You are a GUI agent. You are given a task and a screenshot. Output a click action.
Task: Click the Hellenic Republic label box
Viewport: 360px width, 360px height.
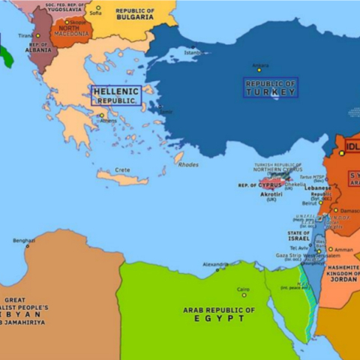pyautogui.click(x=115, y=94)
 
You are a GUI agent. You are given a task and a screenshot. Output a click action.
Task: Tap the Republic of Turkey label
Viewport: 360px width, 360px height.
pyautogui.click(x=271, y=87)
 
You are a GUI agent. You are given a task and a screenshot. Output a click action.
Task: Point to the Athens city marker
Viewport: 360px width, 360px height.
pyautogui.click(x=102, y=115)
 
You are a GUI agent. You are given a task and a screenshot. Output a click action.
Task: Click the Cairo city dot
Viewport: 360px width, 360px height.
pyautogui.click(x=243, y=294)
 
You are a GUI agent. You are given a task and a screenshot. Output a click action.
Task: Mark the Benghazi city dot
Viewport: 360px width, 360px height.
pyautogui.click(x=28, y=245)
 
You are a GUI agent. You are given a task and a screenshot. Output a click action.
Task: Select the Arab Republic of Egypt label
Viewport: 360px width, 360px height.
pyautogui.click(x=219, y=313)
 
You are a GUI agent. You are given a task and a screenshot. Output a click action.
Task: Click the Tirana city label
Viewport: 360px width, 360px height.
pyautogui.click(x=24, y=35)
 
